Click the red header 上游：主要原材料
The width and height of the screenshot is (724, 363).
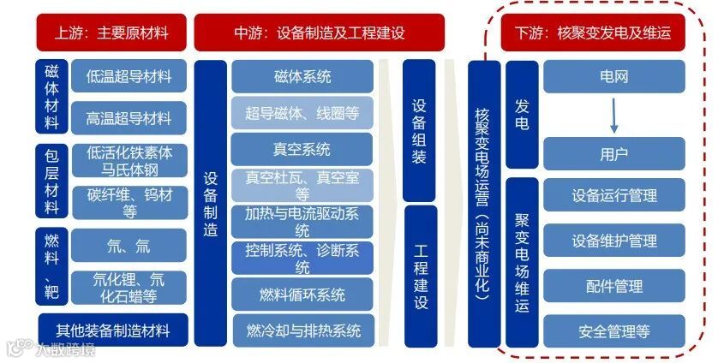[x=111, y=33]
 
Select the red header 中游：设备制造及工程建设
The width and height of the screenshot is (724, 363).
[x=319, y=33]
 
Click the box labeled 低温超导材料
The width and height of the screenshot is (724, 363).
[x=129, y=76]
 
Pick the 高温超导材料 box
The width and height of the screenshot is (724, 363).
[x=129, y=118]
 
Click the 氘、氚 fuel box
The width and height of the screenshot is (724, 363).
[x=129, y=246]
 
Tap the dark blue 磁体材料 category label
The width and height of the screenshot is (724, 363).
[x=51, y=96]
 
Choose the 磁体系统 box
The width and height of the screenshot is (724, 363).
[x=302, y=76]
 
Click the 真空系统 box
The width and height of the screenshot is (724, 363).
[x=302, y=149]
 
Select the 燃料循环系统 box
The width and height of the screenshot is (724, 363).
[x=302, y=295]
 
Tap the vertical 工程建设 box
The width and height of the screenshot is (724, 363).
[x=420, y=277]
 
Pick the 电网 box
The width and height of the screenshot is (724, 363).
[x=613, y=76]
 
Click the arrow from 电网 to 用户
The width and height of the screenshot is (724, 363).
[x=613, y=116]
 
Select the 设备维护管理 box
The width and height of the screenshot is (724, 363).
[x=613, y=241]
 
